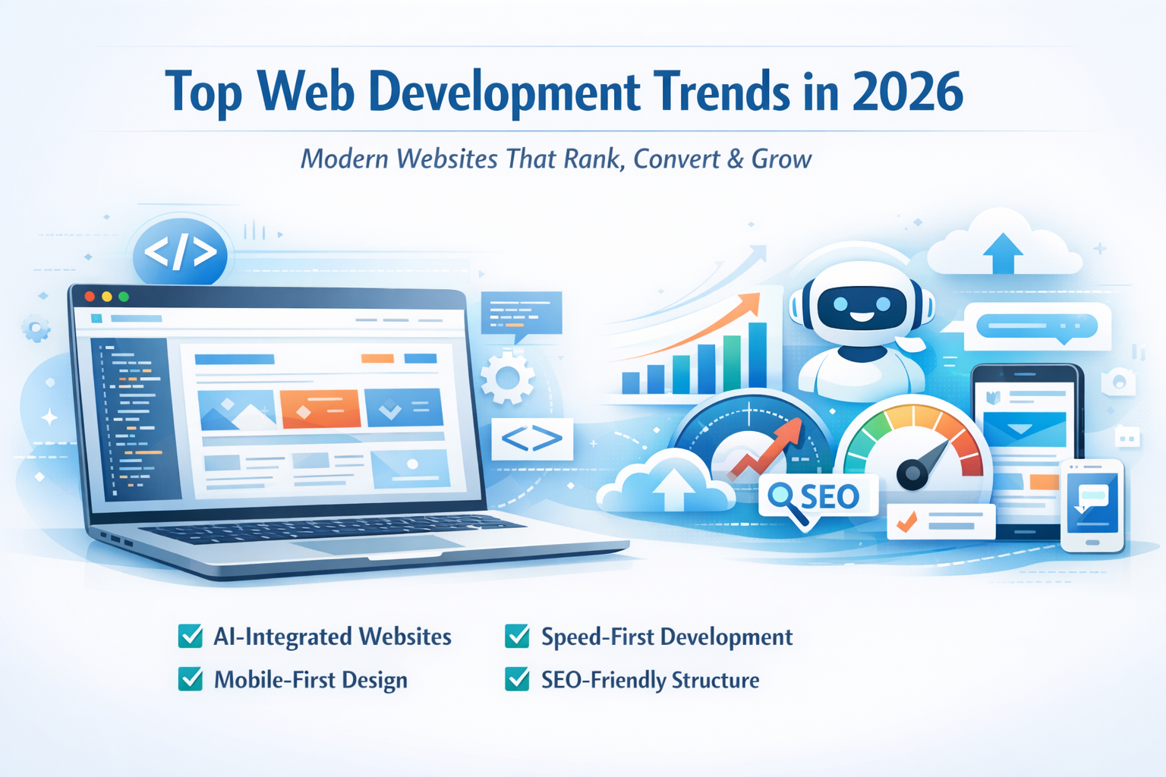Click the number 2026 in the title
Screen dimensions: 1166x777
pos(908,92)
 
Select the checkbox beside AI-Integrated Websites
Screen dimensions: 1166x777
pos(190,636)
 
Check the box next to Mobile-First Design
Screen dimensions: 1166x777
pos(190,679)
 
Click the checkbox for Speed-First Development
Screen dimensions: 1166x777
pos(517,636)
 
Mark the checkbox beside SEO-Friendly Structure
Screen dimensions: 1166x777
pos(517,679)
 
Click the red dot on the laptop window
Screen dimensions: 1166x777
pos(90,296)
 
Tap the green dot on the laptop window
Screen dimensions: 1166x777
pos(124,297)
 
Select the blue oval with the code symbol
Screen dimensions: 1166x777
pos(180,253)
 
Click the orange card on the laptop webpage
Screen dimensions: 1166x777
pos(320,409)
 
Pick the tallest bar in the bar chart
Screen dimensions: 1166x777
pos(758,356)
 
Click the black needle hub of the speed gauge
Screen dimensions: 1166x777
pos(912,473)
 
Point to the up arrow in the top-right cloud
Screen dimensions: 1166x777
pos(1003,253)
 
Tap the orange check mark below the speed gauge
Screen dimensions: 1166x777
pos(906,521)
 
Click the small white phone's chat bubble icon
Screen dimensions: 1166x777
pos(1092,496)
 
